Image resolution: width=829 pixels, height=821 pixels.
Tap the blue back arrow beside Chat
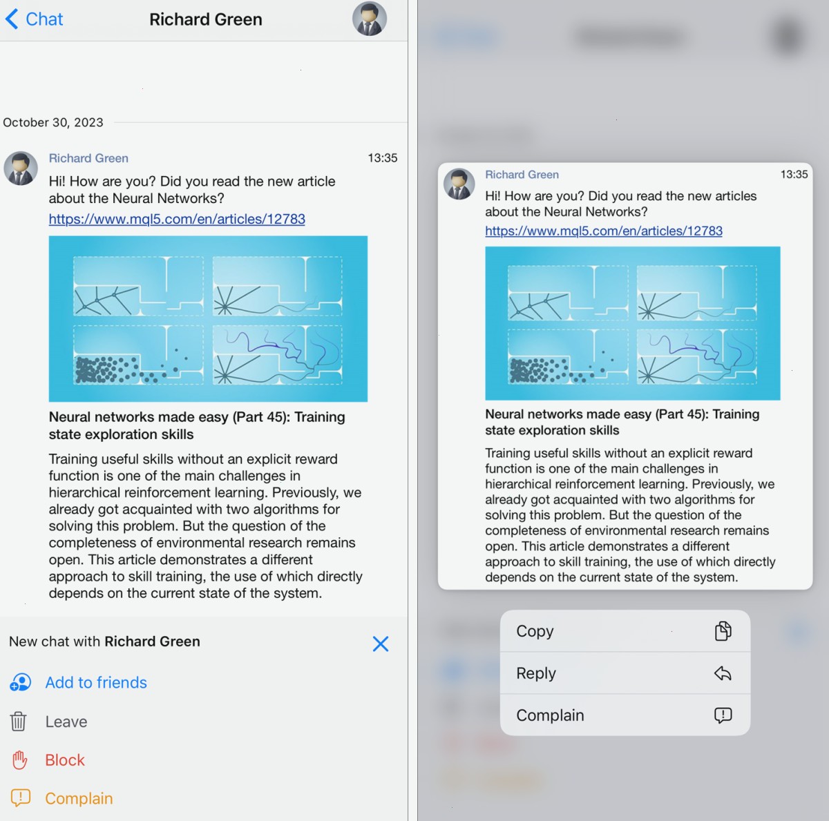(12, 19)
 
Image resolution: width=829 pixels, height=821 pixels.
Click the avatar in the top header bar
(369, 19)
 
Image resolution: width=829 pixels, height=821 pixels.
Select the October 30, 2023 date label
(53, 123)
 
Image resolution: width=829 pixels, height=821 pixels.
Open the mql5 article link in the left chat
(177, 219)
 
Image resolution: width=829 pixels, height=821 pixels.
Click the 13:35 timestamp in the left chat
(383, 158)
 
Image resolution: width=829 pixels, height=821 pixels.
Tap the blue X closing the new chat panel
(380, 644)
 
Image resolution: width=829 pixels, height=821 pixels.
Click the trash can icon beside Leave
(18, 722)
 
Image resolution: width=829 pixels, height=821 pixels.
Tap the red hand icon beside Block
(19, 760)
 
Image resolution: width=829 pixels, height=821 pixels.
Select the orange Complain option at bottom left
(79, 799)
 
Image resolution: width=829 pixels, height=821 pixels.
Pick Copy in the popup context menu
(535, 631)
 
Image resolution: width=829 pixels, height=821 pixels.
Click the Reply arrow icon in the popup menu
(723, 673)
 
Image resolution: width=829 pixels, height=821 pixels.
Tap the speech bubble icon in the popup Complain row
(723, 715)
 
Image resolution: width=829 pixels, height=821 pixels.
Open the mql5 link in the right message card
(604, 231)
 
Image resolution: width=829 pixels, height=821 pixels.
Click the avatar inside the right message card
(459, 184)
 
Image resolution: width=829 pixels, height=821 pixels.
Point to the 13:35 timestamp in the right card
(794, 174)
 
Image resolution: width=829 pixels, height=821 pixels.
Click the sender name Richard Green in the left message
(88, 158)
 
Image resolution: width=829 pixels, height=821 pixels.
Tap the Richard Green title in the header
(206, 19)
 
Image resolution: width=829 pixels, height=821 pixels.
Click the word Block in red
(65, 760)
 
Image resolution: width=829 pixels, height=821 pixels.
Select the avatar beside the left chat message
(21, 168)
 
